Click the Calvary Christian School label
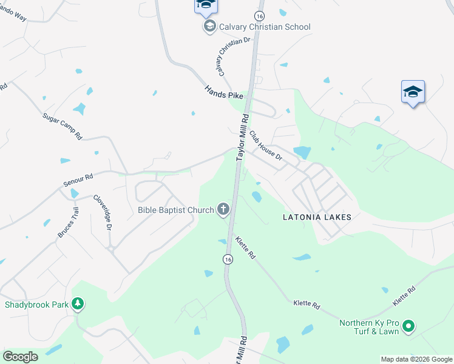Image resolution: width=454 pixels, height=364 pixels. (x=265, y=27)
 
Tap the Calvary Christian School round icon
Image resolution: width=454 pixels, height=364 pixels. (x=209, y=27)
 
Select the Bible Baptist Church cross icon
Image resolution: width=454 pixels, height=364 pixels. (x=223, y=210)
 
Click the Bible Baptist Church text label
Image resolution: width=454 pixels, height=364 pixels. (x=176, y=210)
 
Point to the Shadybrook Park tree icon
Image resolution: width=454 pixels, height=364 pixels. (x=77, y=304)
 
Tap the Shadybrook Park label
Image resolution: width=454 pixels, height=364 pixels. (x=36, y=305)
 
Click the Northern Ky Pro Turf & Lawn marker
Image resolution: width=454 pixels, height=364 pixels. (x=408, y=327)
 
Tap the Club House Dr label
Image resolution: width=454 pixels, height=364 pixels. (x=266, y=147)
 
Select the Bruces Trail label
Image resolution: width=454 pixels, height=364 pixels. (x=67, y=223)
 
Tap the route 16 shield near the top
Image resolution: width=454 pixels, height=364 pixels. (x=259, y=15)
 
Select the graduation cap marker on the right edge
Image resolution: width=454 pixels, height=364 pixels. (x=413, y=92)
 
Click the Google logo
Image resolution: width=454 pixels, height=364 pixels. (x=20, y=357)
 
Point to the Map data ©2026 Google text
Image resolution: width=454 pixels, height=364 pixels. (x=416, y=359)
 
